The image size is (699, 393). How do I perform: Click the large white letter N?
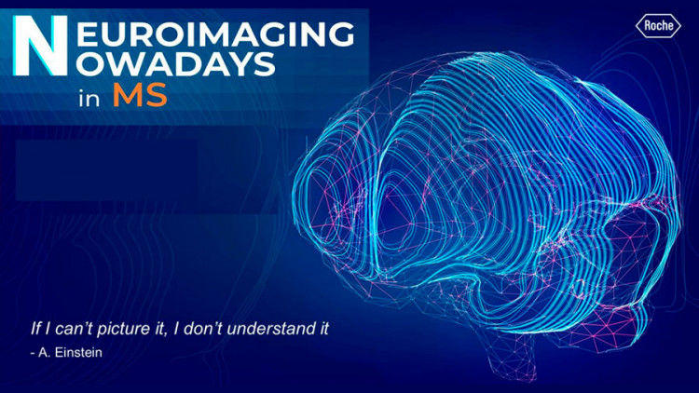40,45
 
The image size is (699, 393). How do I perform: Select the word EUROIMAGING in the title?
215,34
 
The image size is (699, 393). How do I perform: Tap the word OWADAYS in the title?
175,63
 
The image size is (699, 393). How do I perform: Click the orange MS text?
140,94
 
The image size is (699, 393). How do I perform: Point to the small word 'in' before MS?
89,99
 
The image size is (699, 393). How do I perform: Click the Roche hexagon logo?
658,25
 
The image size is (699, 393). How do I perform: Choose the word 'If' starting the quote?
34,329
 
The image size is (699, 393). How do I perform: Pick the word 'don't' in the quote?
205,329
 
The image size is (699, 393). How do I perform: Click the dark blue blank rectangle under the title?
106,170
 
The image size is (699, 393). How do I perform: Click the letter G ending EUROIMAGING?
340,34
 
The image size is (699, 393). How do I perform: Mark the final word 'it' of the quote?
323,329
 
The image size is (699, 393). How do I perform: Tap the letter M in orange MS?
126,94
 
